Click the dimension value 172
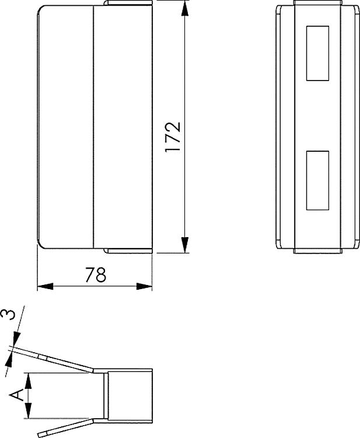click(x=173, y=137)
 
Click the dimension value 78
click(x=96, y=274)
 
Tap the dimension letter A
click(x=18, y=395)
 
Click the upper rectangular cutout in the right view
click(x=317, y=53)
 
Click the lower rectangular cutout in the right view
click(x=317, y=180)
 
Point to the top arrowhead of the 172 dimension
click(x=185, y=8)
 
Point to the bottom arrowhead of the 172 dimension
click(x=185, y=245)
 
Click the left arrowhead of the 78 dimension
click(x=45, y=286)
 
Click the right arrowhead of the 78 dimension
click(x=145, y=286)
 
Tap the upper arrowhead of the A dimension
click(x=27, y=380)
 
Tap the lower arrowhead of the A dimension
click(x=27, y=411)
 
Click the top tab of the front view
click(x=128, y=4)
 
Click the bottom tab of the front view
click(x=128, y=251)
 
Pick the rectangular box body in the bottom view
click(x=130, y=395)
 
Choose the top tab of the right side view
click(x=317, y=4)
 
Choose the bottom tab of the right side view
click(x=317, y=251)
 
